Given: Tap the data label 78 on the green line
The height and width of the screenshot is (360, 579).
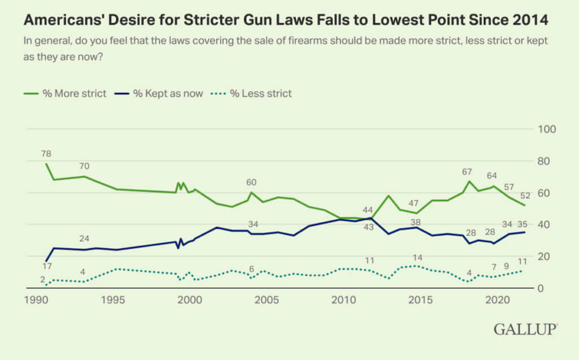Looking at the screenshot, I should [x=46, y=153].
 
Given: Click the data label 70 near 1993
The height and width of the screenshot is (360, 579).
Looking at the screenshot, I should [x=84, y=166].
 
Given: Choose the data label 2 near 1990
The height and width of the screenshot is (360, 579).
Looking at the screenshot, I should [x=42, y=279].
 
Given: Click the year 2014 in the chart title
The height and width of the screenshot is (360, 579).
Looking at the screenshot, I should [x=530, y=21].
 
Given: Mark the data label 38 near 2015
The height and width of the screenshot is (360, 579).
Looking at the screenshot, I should [x=416, y=222].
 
